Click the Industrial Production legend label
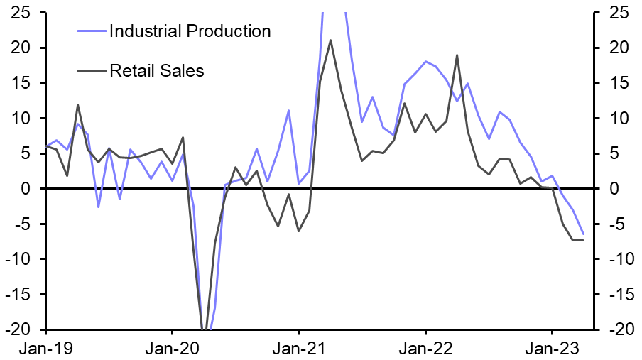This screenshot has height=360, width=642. coord(190,31)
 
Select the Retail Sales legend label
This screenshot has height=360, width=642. coord(156,70)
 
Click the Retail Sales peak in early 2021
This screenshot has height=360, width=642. coord(330,40)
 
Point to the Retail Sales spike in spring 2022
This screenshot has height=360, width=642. coord(457,55)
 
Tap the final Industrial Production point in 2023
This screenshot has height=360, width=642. coord(583,234)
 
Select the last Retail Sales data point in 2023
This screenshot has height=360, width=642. coord(583,240)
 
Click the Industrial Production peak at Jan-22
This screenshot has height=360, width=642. coord(425,62)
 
